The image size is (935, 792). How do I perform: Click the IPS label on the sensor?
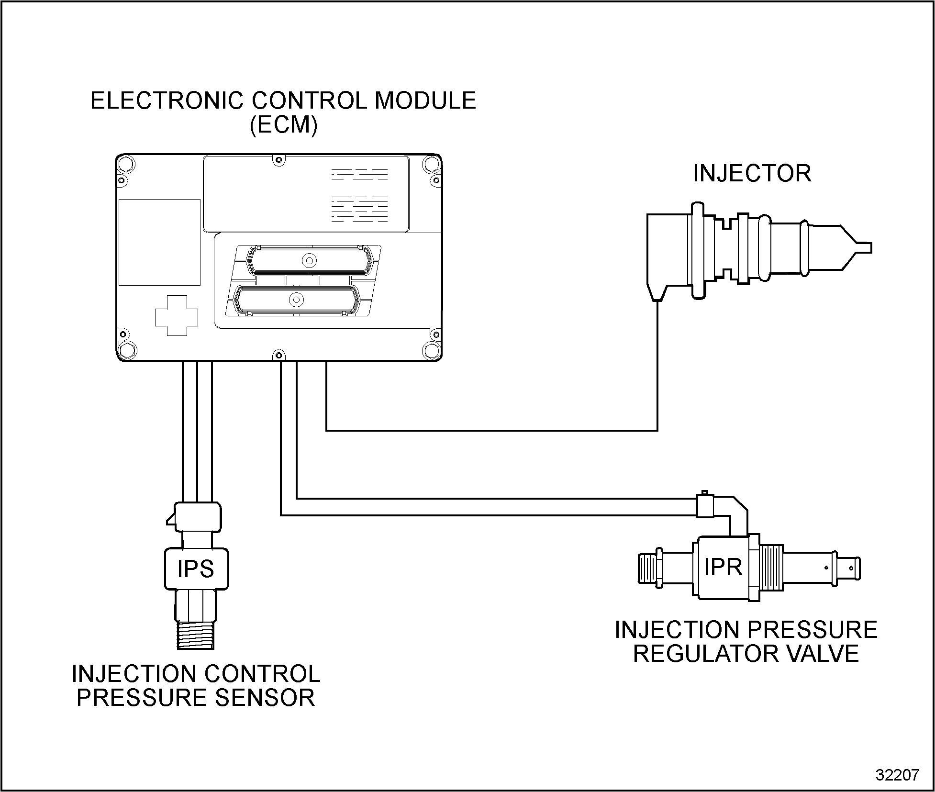[x=196, y=569]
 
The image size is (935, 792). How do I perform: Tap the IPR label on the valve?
[x=723, y=568]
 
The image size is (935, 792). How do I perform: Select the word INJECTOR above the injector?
[x=752, y=173]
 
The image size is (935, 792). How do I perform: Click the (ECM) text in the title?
[x=283, y=125]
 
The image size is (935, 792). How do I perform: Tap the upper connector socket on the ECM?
[x=309, y=261]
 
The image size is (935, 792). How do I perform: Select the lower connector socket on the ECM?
[x=296, y=300]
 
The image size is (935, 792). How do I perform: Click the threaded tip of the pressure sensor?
[x=196, y=635]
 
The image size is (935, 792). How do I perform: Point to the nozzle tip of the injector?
[x=864, y=248]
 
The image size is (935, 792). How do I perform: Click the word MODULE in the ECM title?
[x=425, y=101]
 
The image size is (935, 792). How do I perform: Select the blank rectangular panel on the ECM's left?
[x=159, y=242]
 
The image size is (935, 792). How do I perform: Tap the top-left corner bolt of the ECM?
[x=126, y=164]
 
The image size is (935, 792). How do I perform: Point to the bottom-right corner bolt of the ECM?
[x=432, y=350]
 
